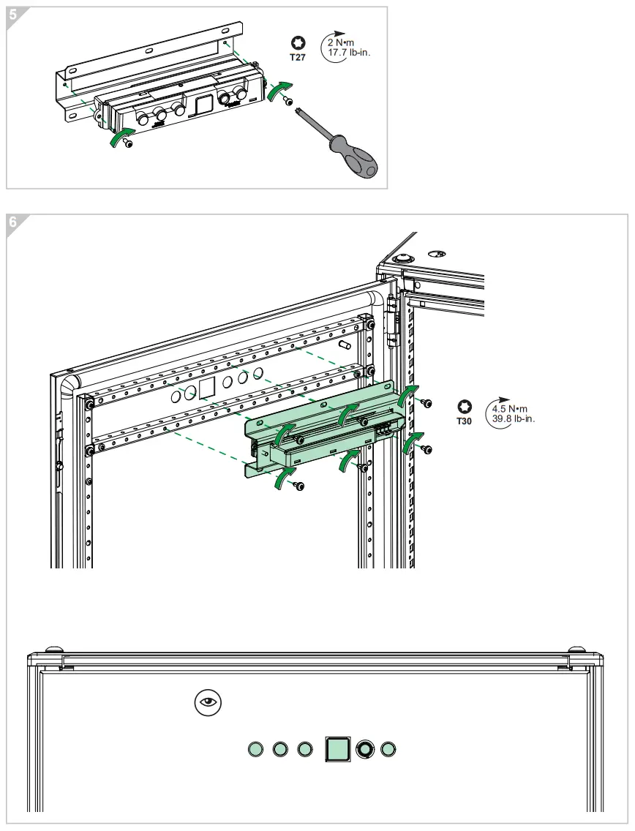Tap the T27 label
(297, 56)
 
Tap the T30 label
(465, 421)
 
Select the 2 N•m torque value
(340, 43)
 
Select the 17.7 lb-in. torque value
(349, 53)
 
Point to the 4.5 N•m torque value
(510, 409)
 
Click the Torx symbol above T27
(297, 43)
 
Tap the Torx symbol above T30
(464, 407)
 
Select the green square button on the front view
(337, 749)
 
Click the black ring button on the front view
(364, 749)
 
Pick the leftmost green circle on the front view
(255, 749)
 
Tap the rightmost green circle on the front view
(388, 749)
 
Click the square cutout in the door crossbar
(207, 388)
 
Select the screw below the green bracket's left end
(298, 485)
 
